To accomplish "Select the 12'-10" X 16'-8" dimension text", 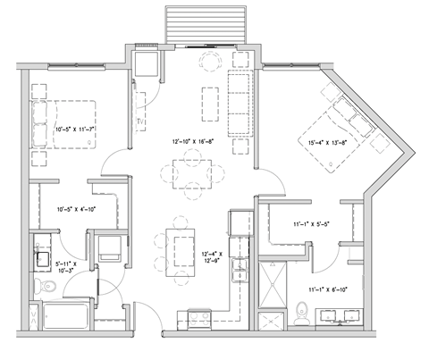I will click(x=194, y=141).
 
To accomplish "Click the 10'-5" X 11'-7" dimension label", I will click(x=75, y=130).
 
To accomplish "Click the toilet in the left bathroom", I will click(x=40, y=287).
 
